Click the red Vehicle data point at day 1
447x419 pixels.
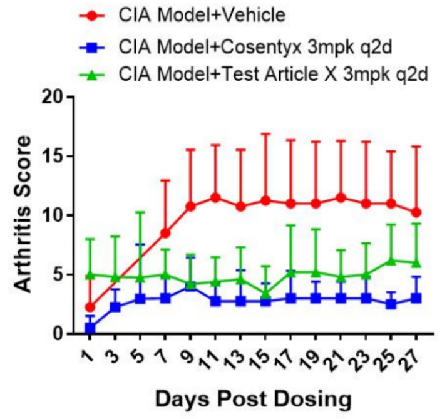[x=91, y=307]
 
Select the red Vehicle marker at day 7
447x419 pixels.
[x=166, y=233]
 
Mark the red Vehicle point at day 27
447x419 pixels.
[x=416, y=212]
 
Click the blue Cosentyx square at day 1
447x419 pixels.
[x=91, y=328]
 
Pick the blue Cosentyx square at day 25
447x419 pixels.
[x=391, y=304]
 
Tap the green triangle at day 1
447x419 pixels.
[x=91, y=274]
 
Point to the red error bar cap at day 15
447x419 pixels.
[x=266, y=133]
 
